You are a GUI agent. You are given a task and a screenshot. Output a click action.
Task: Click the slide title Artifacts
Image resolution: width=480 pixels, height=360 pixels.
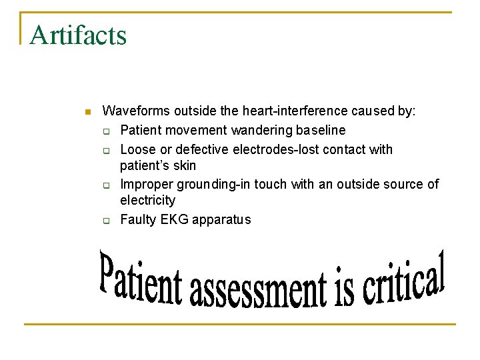(78, 35)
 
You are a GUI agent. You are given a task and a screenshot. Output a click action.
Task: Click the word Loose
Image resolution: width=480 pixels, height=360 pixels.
(137, 149)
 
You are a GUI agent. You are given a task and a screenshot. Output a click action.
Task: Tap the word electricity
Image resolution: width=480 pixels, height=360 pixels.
(147, 200)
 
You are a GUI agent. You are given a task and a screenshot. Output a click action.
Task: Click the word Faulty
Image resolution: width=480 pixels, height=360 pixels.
(138, 219)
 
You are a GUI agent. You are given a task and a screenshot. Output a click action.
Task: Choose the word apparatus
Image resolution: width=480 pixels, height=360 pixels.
(221, 219)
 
